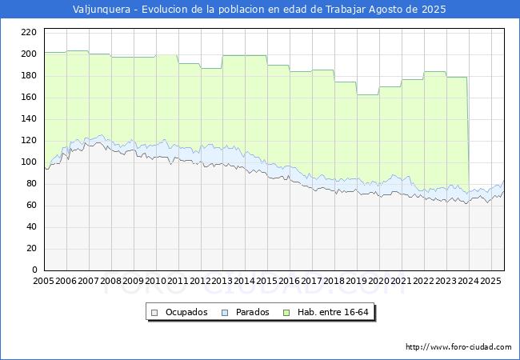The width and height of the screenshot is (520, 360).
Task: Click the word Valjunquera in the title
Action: pos(102,10)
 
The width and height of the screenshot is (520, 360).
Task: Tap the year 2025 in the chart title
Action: pos(434,10)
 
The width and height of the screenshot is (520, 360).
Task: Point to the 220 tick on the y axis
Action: pos(29,32)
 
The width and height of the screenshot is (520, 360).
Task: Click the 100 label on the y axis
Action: pos(29,162)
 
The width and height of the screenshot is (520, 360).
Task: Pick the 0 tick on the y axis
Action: pos(34,270)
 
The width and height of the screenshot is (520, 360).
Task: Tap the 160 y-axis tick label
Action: pos(29,97)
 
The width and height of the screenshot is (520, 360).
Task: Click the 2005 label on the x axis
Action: pos(43,281)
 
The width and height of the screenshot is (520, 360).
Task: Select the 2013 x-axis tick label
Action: pos(222,281)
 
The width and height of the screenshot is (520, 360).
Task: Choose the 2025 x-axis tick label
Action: pos(491,281)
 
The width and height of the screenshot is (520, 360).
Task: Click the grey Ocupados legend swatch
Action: pos(154,313)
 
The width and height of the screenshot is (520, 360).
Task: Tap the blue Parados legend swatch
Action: pos(225,313)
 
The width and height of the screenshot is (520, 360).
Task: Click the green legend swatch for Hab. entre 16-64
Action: pos(286,313)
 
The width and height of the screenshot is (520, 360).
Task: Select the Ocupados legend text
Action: pos(186,312)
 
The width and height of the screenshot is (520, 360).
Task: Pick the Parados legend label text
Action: pos(252,312)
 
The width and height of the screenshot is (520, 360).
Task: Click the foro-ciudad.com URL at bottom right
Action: pos(458,347)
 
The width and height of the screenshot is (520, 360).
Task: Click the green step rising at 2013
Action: pos(222,62)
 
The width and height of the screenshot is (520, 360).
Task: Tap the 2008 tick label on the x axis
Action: pos(110,281)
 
